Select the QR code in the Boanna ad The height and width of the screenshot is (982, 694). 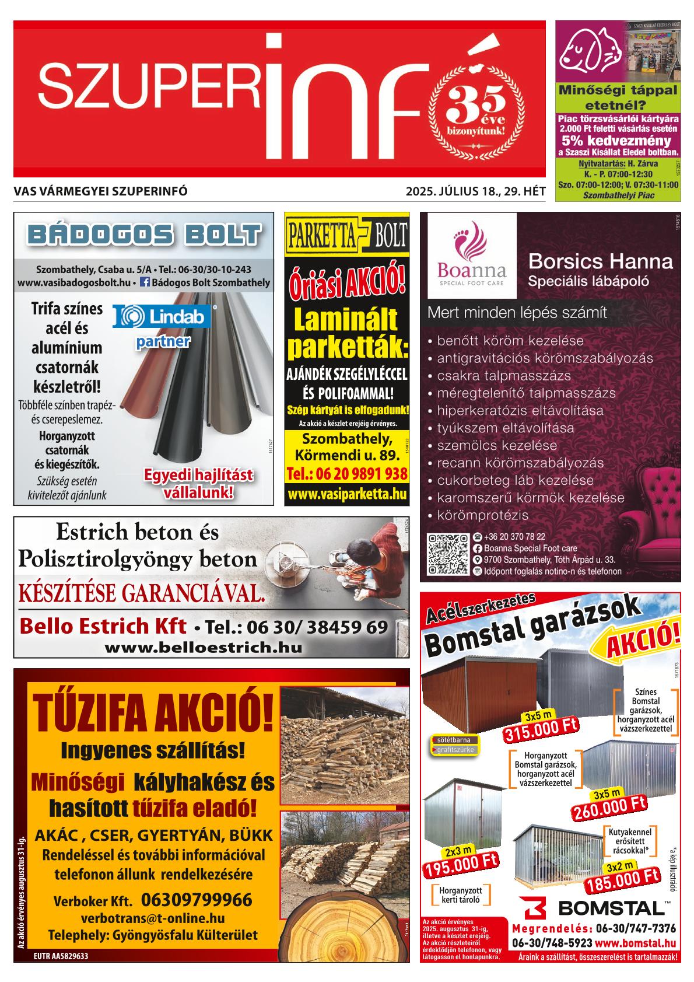coord(447,554)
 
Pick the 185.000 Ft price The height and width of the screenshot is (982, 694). coord(622,882)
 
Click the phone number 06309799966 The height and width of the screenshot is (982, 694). coord(196,899)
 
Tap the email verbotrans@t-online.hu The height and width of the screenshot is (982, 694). coord(153,918)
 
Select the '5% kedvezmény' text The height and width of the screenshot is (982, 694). coord(616,141)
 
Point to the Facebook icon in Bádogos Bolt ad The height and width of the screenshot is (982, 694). coord(145,282)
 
